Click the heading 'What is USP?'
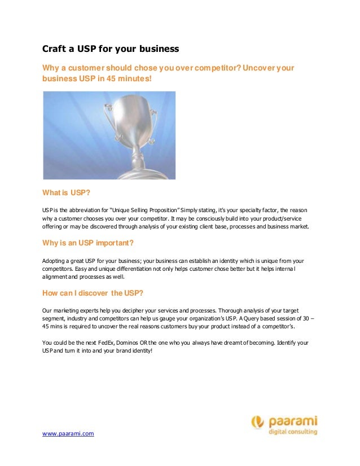coord(67,192)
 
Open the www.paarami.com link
coord(68,433)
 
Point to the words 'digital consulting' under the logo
coord(292,432)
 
